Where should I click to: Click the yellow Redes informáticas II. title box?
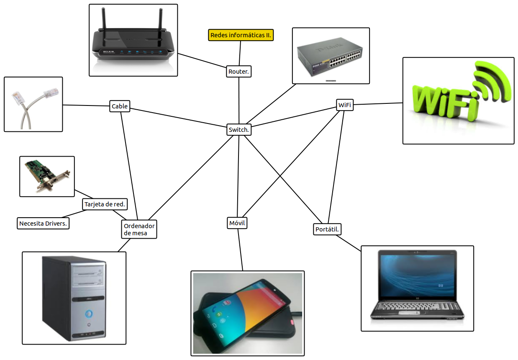[x=241, y=35]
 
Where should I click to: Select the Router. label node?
[x=239, y=72]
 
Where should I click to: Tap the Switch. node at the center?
[x=239, y=130]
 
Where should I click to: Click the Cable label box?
[x=120, y=106]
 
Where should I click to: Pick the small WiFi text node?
[x=344, y=105]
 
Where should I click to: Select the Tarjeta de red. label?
[x=105, y=204]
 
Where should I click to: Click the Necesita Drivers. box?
[x=43, y=224]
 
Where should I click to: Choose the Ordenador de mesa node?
[x=139, y=229]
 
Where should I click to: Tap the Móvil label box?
[x=237, y=223]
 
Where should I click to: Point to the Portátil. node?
[x=327, y=229]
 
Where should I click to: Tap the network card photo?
[x=47, y=176]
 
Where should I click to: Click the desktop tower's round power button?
[x=88, y=313]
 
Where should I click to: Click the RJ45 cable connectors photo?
[x=33, y=104]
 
